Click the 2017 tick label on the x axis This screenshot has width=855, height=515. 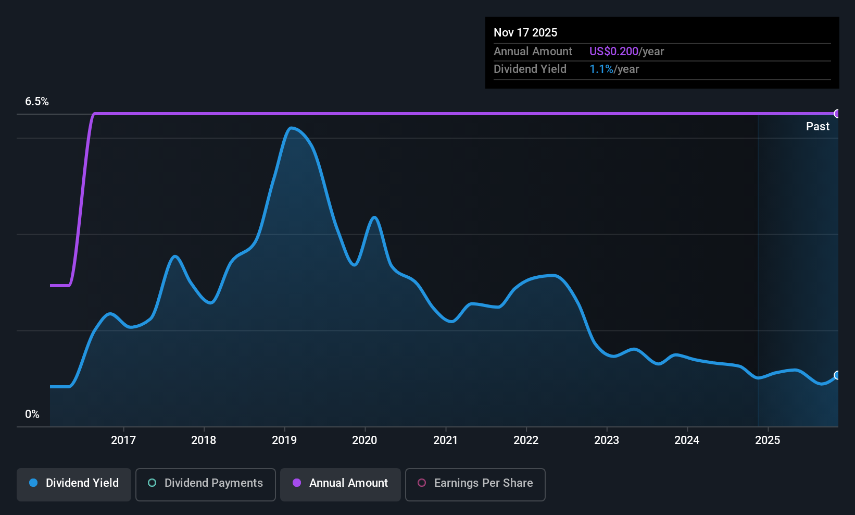(x=123, y=440)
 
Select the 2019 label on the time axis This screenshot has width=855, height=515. (x=284, y=440)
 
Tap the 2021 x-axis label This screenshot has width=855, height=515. (x=445, y=440)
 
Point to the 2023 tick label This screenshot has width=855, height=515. (x=607, y=440)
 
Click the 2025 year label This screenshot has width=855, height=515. (x=768, y=440)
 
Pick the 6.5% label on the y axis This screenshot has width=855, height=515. (x=37, y=102)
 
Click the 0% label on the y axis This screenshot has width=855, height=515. (x=32, y=414)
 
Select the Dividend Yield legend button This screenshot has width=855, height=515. (x=73, y=484)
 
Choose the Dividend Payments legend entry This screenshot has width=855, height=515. (x=205, y=484)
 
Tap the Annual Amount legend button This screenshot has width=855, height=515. (x=341, y=484)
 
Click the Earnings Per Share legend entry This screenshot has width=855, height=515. (x=475, y=484)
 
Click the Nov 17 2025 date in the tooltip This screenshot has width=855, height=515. (x=525, y=32)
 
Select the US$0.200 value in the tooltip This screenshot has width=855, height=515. (x=614, y=51)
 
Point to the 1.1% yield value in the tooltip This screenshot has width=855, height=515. (x=601, y=69)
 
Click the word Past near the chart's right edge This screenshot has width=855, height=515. (x=818, y=127)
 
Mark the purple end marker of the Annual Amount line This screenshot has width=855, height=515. (x=837, y=114)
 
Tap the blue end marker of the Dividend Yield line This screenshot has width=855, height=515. (x=837, y=375)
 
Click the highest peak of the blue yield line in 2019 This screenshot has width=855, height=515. (x=291, y=128)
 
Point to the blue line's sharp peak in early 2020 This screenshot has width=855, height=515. (x=374, y=217)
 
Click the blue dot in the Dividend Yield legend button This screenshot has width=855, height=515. (x=34, y=483)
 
